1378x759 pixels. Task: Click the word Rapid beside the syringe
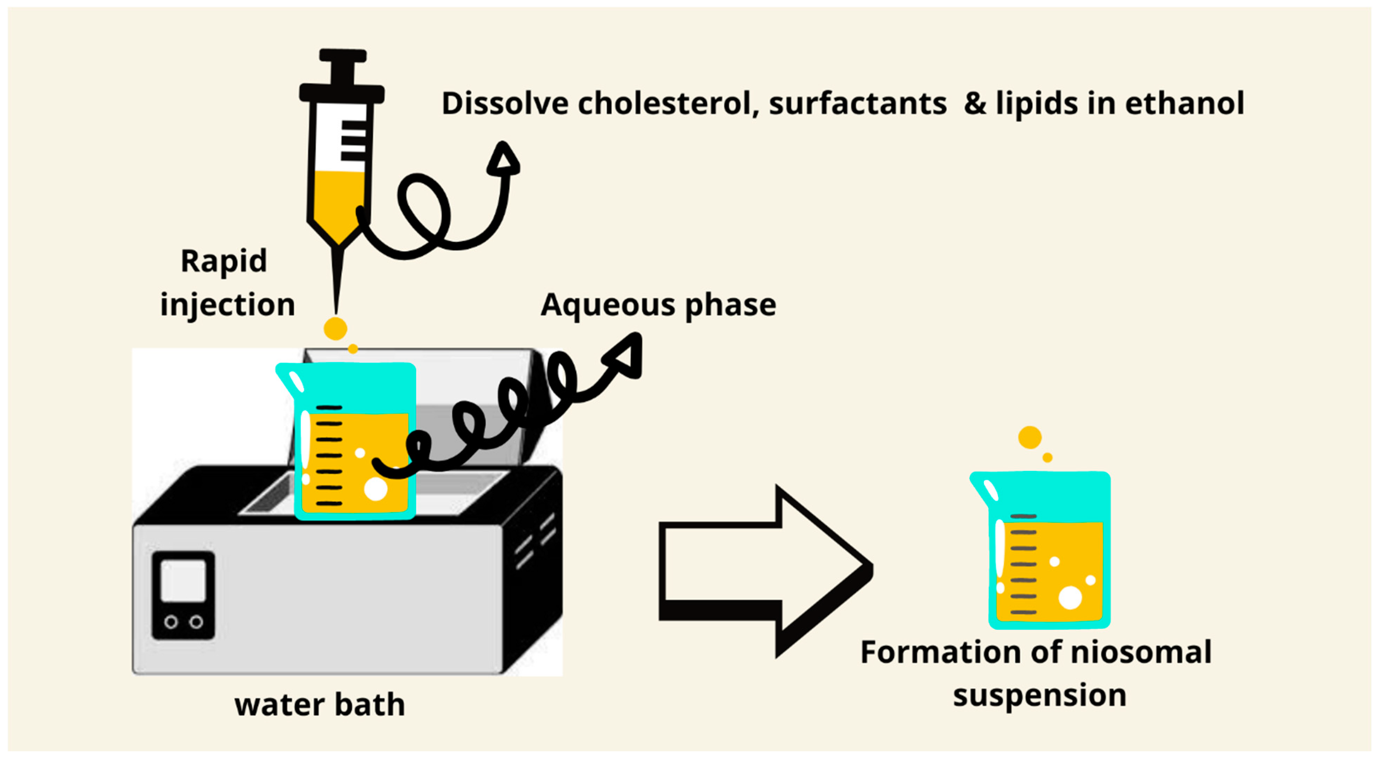point(223,262)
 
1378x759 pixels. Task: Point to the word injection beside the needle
point(227,306)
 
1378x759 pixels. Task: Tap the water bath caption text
point(319,704)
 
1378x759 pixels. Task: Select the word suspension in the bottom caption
point(1040,695)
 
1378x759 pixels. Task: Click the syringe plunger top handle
point(342,56)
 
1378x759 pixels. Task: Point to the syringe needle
point(336,278)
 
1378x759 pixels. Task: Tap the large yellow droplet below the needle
point(335,328)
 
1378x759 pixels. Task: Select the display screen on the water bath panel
point(183,581)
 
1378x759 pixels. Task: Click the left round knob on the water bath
point(171,622)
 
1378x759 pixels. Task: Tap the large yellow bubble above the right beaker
point(1030,437)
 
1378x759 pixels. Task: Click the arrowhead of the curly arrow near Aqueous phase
point(626,356)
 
